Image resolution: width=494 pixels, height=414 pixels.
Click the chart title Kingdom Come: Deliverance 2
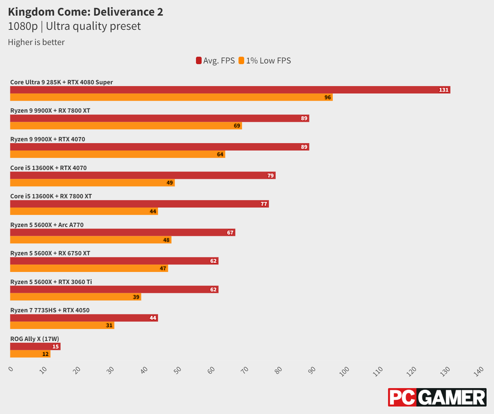pos(85,12)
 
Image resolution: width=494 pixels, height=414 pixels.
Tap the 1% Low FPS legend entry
pos(265,61)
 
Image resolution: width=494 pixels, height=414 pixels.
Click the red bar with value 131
pos(230,90)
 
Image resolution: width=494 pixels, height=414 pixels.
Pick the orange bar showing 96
pos(171,97)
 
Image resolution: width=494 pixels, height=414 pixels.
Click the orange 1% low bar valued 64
pos(117,154)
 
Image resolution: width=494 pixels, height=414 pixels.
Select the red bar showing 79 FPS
pos(142,175)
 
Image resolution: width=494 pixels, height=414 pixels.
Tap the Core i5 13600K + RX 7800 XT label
pos(51,196)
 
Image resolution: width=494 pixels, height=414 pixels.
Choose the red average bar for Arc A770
pos(122,232)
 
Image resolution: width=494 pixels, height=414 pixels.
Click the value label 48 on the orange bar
pos(167,240)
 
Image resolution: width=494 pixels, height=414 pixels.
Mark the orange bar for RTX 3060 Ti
pos(75,297)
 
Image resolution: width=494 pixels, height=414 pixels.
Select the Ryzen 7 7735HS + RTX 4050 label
pos(50,310)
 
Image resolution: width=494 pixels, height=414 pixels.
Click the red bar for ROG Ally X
pos(35,346)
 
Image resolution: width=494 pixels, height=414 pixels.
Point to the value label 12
pos(45,354)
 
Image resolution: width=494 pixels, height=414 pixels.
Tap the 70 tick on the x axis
pos(244,371)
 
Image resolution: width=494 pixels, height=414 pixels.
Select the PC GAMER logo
pos(437,397)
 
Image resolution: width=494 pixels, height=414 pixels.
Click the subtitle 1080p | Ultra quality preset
pos(74,26)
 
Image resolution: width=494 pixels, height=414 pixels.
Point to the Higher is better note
pos(36,42)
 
